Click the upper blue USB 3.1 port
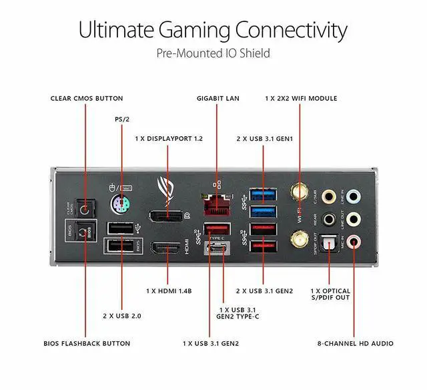tap(264, 195)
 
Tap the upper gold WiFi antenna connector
tap(297, 194)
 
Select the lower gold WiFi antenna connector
tap(297, 237)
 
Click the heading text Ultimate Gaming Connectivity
tap(213, 30)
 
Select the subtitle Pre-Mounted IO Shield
tap(213, 52)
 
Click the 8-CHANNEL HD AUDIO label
tap(355, 343)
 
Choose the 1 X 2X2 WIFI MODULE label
tap(301, 98)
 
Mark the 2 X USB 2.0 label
tap(121, 314)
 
